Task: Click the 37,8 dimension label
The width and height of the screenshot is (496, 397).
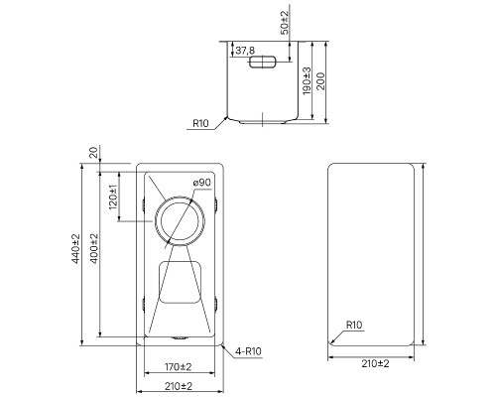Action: [x=245, y=51]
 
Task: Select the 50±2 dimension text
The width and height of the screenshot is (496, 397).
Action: [x=285, y=22]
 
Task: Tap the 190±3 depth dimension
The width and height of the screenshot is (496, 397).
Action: [x=307, y=80]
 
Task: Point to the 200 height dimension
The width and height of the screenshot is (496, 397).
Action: [x=320, y=81]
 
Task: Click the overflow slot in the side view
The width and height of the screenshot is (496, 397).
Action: [x=262, y=63]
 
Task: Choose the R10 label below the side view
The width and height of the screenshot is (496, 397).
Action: [x=200, y=123]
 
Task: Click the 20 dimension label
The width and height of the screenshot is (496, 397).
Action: [x=94, y=153]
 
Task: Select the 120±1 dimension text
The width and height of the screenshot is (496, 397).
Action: [x=113, y=198]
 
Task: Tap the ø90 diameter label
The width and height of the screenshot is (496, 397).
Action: [x=202, y=183]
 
